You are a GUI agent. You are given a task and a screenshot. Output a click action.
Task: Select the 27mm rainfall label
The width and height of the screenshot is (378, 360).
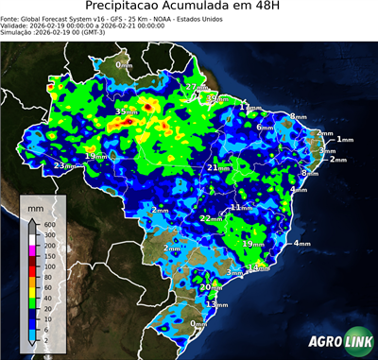196,88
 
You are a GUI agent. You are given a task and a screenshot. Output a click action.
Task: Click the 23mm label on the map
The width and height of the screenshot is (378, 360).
64,166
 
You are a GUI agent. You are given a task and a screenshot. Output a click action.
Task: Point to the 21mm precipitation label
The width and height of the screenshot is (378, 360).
218,168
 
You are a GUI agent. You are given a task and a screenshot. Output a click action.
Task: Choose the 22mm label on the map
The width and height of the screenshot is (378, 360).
210,218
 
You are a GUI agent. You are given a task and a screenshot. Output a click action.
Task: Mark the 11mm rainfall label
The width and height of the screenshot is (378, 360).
241,207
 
